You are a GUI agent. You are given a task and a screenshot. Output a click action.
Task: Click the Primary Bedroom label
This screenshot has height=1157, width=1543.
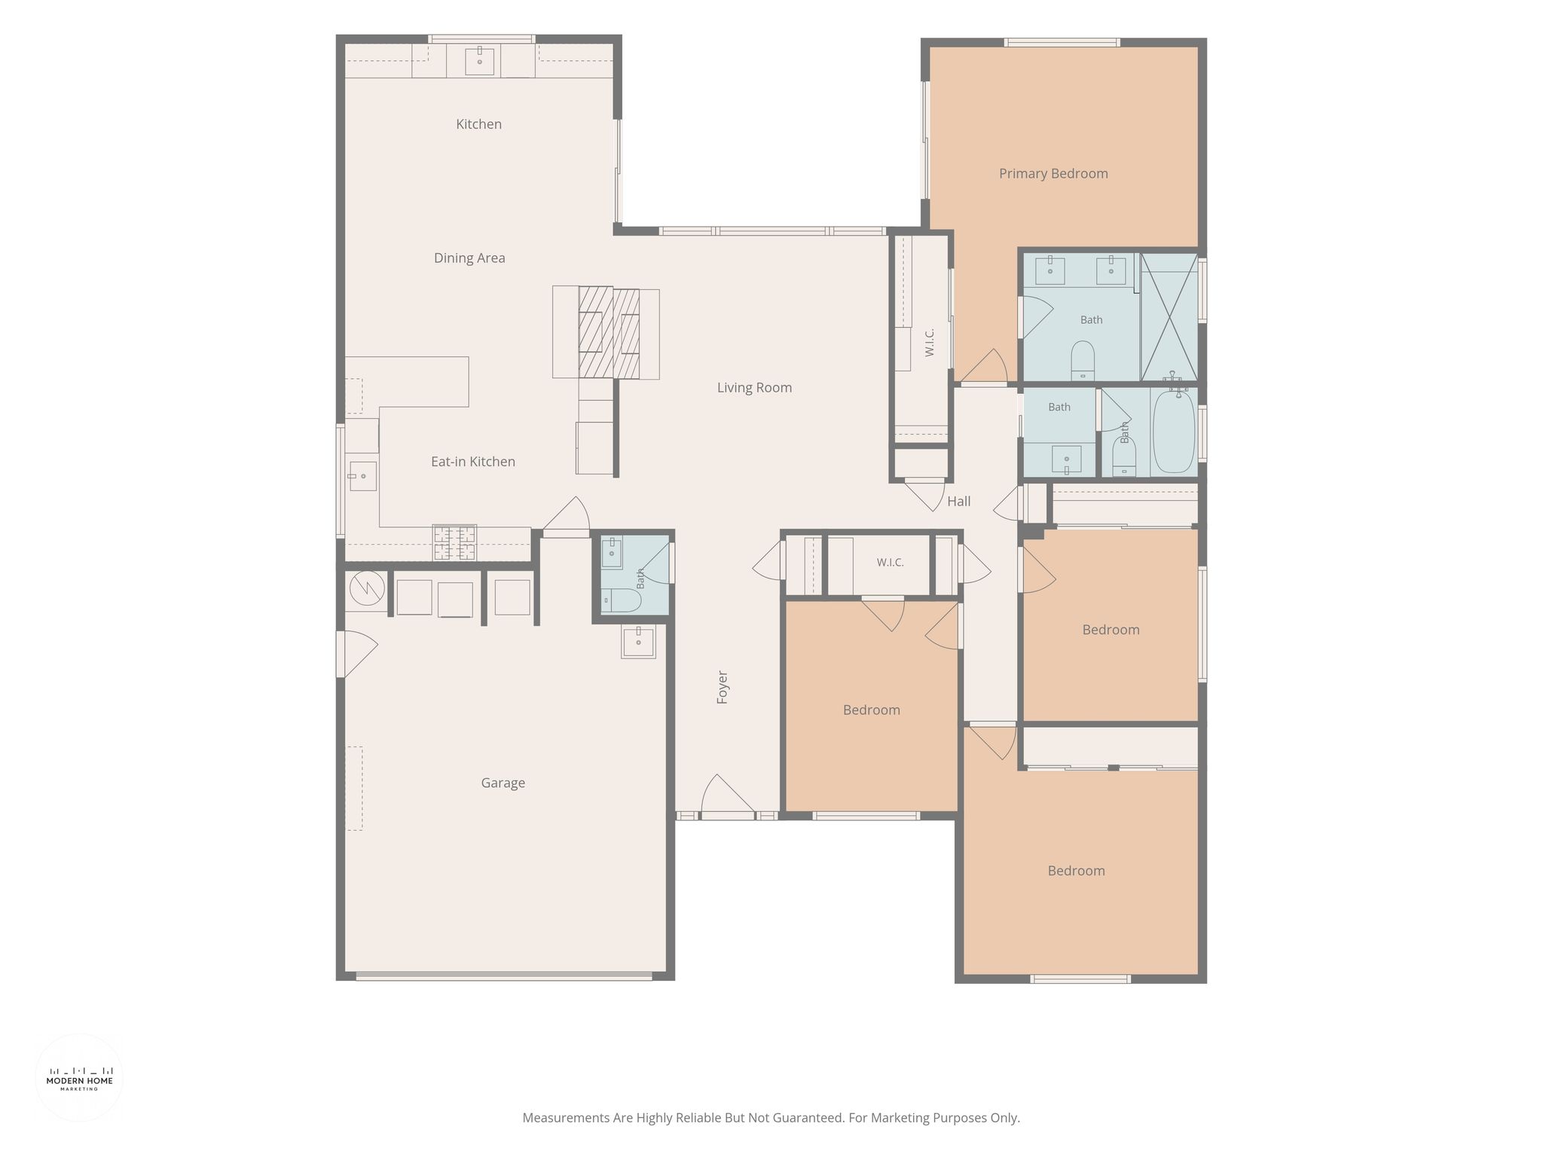(x=1053, y=174)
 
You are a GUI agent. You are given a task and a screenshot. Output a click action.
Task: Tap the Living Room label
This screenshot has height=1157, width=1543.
(x=754, y=388)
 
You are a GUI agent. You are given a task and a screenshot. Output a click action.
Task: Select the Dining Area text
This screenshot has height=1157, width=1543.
(x=469, y=258)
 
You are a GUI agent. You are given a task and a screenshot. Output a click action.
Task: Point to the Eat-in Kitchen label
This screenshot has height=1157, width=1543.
(x=473, y=462)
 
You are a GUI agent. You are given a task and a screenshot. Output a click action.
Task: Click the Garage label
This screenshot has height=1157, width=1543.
(x=503, y=783)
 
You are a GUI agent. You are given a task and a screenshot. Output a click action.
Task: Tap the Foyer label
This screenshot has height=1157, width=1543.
(x=723, y=687)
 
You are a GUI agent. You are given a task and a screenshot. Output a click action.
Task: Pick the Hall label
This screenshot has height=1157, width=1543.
(x=959, y=502)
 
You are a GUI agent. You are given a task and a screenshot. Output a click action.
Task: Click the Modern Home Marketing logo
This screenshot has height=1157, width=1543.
(x=80, y=1078)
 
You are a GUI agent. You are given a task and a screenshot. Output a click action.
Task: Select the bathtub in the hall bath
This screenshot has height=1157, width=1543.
(x=1174, y=430)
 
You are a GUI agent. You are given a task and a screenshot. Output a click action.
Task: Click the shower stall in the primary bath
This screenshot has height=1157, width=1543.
(x=1169, y=317)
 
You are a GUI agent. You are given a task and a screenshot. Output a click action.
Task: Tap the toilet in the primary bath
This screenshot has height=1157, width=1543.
(x=1083, y=361)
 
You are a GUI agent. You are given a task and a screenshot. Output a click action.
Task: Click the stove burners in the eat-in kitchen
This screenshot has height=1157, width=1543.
(x=454, y=542)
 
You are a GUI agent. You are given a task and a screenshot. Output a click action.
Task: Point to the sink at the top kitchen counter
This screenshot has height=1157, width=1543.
(x=479, y=60)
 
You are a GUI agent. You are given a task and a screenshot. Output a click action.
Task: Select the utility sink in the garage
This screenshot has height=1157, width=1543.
(x=638, y=642)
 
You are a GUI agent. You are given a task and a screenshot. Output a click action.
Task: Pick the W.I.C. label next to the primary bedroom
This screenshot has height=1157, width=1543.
(x=930, y=342)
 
